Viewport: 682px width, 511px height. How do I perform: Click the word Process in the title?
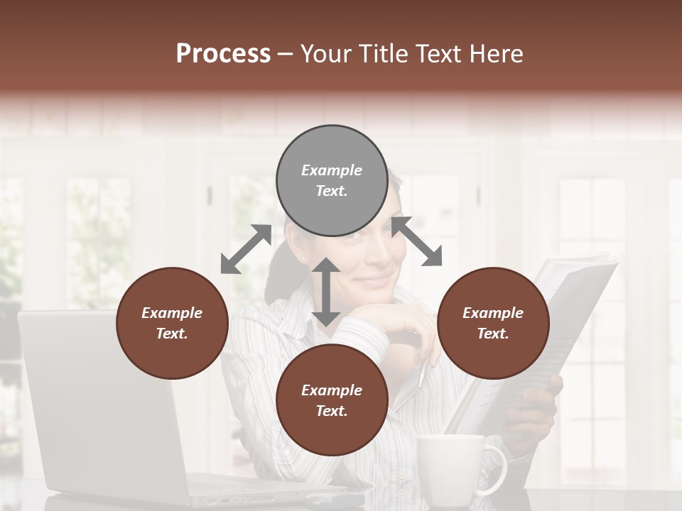(223, 54)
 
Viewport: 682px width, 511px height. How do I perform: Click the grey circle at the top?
(332, 181)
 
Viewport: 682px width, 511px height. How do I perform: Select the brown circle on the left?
(172, 323)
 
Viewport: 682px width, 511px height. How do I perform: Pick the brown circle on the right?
(493, 323)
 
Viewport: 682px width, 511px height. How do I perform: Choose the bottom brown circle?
(332, 400)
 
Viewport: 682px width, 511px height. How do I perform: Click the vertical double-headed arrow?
(326, 292)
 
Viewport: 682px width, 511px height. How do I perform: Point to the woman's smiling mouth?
(374, 278)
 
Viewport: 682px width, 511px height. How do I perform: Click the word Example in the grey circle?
(332, 170)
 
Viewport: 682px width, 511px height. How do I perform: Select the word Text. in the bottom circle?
(332, 411)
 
